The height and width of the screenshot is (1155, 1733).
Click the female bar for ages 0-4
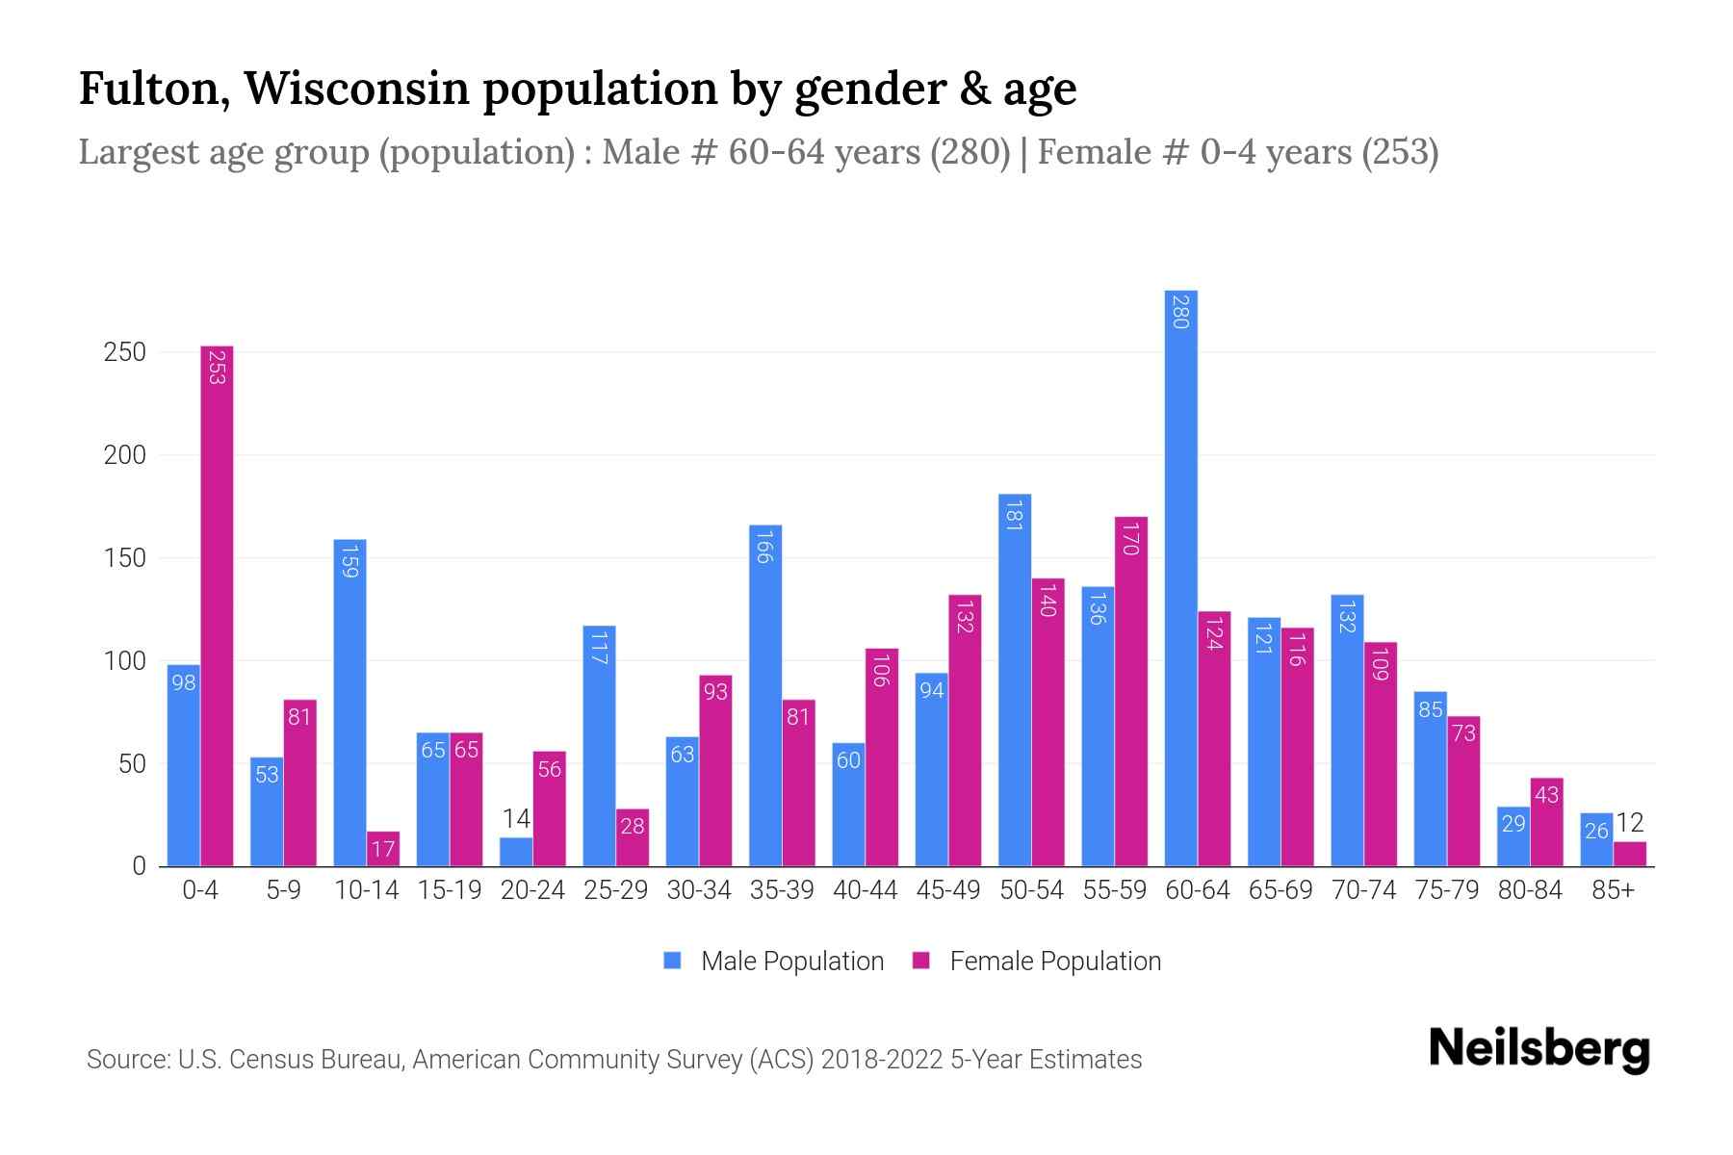point(217,606)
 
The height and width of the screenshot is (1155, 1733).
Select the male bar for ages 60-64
point(1180,577)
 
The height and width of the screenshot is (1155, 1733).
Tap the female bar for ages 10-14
point(383,849)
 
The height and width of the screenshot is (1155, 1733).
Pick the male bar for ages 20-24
point(516,852)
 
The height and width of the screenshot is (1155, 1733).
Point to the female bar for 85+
point(1630,854)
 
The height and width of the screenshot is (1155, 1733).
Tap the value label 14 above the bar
point(516,819)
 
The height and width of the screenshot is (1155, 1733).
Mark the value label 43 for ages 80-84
point(1546,795)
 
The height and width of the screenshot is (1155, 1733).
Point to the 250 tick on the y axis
point(125,352)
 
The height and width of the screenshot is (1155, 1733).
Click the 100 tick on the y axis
point(125,661)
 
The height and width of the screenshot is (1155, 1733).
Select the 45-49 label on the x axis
point(948,890)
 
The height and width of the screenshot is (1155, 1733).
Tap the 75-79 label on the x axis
point(1447,890)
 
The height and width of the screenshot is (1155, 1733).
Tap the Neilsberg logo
point(1539,1049)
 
